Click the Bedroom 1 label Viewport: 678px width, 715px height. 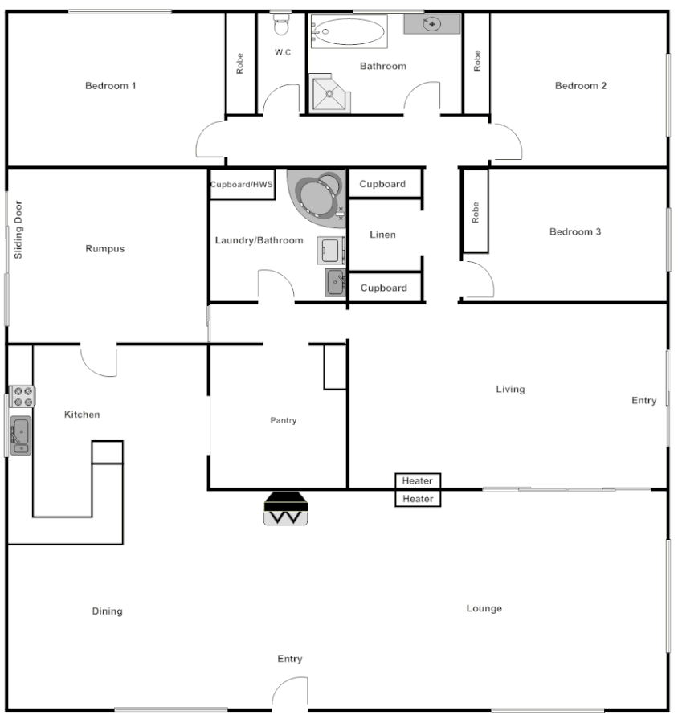coord(111,85)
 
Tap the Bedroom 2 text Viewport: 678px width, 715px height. coord(580,86)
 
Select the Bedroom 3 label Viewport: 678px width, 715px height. coord(574,232)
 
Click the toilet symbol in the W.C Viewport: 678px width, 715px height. coord(281,26)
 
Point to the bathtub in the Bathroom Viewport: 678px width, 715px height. coord(349,31)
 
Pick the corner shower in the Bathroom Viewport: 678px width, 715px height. coord(329,94)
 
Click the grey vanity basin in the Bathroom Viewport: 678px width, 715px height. coord(431,24)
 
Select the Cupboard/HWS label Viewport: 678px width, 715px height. coord(242,184)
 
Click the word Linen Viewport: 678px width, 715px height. coord(382,235)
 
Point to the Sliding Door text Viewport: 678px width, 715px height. coord(18,230)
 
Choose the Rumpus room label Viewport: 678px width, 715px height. coord(105,249)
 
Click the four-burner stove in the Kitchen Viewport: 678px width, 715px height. coord(23,396)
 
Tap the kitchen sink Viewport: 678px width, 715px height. coord(20,435)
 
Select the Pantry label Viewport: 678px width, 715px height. coord(283,420)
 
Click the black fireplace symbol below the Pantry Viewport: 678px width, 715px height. coord(287,509)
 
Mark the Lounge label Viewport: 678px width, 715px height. coord(484,608)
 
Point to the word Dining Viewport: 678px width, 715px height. coord(107,611)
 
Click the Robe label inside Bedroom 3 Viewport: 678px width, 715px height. coord(475,212)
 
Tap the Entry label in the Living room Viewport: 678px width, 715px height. coord(643,401)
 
